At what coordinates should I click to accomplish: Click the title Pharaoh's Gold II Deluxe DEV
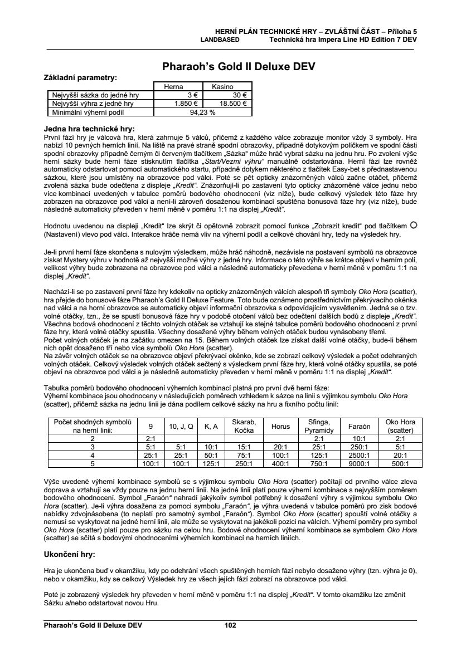click(239, 66)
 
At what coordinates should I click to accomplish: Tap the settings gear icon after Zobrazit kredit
click(413, 224)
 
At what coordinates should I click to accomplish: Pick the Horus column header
click(280, 426)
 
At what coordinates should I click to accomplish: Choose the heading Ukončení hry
click(70, 555)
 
